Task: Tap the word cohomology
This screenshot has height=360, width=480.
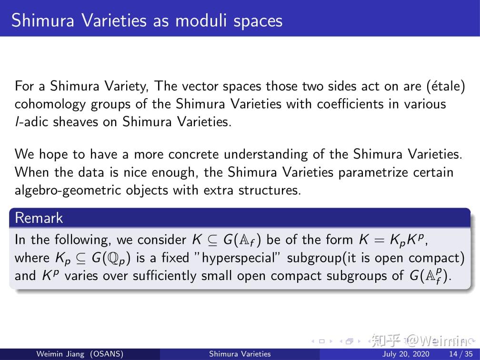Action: tap(50, 104)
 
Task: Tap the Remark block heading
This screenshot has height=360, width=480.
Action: tap(39, 218)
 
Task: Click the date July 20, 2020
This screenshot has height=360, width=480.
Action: tap(406, 354)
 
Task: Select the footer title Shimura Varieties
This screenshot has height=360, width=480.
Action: tap(240, 354)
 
